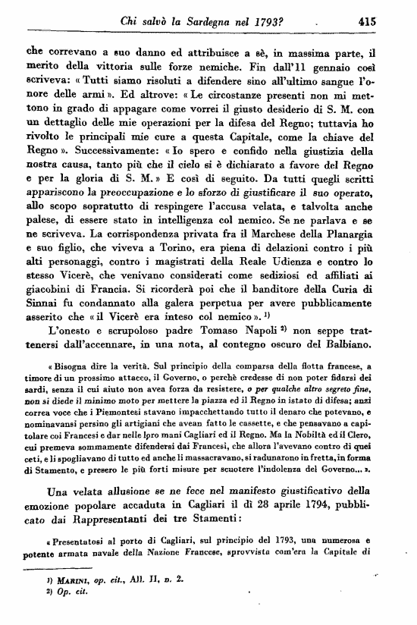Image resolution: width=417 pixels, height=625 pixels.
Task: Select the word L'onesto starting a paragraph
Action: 70,331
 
